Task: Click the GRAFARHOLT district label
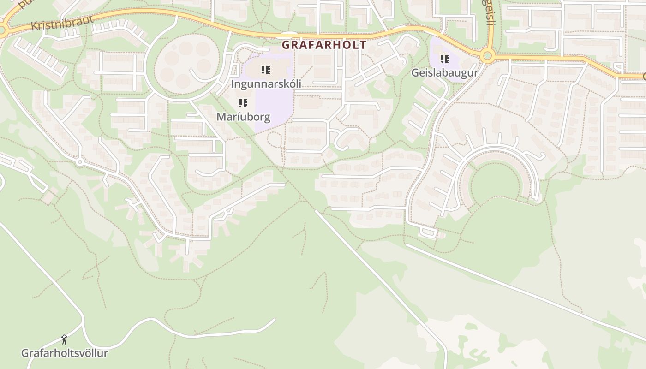(x=324, y=45)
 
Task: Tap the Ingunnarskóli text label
(x=266, y=84)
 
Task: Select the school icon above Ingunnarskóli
(x=266, y=70)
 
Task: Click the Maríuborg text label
(x=243, y=117)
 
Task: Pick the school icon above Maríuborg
(x=243, y=103)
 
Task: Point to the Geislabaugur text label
(x=444, y=73)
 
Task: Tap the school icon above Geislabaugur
(x=445, y=59)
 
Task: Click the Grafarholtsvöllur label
(x=65, y=353)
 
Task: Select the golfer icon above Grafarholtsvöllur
(x=64, y=340)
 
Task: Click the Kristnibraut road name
(x=62, y=23)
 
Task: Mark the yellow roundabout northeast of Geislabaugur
(x=487, y=56)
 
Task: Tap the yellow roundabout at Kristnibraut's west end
(x=2, y=31)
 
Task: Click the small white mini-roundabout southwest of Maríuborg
(x=80, y=162)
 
